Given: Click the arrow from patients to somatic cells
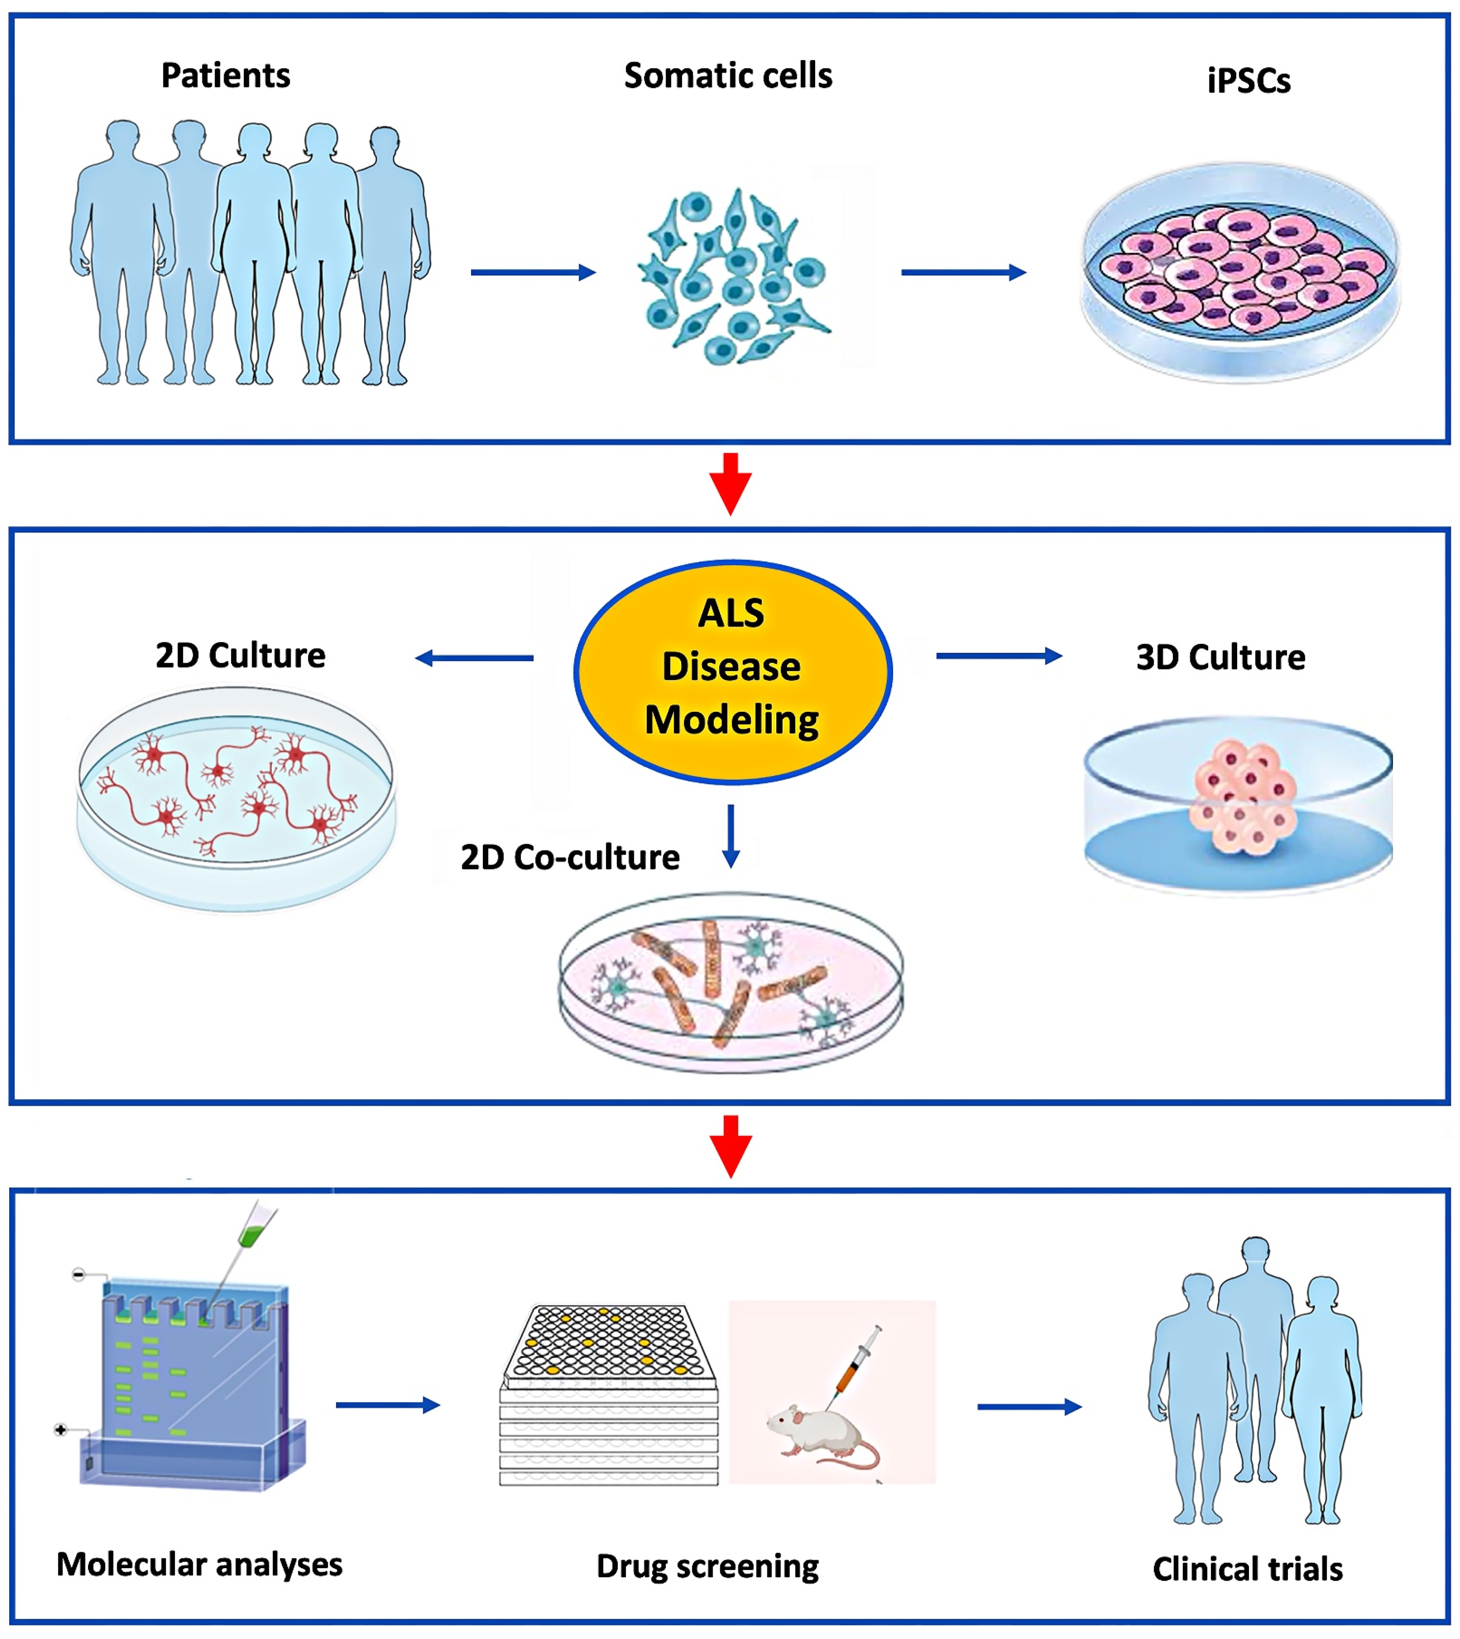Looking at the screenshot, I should [x=533, y=273].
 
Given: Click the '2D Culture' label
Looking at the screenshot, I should [x=241, y=655].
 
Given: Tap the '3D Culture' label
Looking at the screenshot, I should [x=1220, y=657].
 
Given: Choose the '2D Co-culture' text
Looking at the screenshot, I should [x=570, y=857].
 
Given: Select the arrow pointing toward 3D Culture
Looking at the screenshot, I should [x=999, y=656].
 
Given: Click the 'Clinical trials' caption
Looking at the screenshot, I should [x=1247, y=1569].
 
